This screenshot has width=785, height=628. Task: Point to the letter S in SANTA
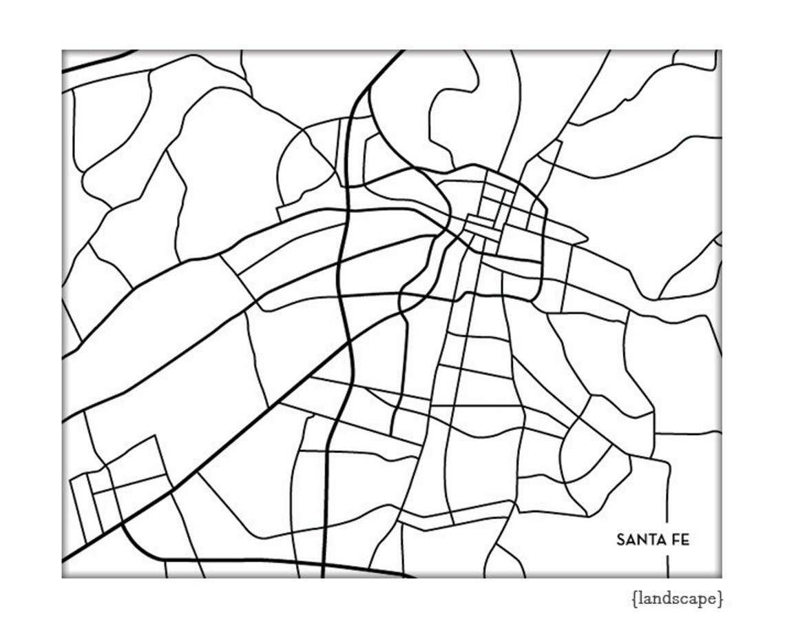click(620, 539)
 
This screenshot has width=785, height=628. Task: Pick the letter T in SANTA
click(649, 539)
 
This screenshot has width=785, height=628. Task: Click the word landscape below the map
click(677, 599)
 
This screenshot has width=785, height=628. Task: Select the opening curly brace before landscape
click(634, 599)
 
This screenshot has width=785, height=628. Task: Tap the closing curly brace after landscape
click(720, 599)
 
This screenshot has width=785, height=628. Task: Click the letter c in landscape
click(683, 599)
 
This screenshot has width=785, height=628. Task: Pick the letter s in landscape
click(675, 599)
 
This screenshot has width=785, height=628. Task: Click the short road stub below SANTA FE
click(667, 565)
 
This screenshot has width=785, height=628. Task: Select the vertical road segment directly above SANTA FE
click(667, 496)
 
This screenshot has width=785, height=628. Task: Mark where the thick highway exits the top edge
click(401, 52)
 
